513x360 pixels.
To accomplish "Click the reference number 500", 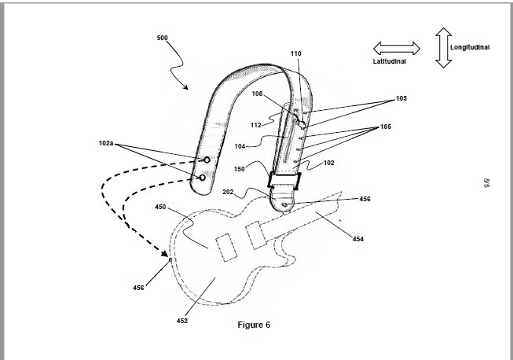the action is [x=163, y=38].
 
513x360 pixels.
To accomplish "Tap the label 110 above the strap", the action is [x=295, y=53].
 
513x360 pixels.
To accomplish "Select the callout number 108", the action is [x=257, y=94].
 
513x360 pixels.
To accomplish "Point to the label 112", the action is [x=256, y=125].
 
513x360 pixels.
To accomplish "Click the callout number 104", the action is [x=240, y=146].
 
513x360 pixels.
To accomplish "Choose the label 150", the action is [x=239, y=169].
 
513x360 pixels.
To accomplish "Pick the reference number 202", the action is [x=228, y=192].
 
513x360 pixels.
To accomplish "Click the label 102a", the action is [x=106, y=143].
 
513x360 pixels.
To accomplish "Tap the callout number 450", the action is [x=160, y=207].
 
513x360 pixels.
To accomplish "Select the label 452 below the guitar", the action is [x=182, y=321].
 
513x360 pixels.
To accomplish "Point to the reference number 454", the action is [x=358, y=239].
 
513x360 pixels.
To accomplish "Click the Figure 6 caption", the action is [x=254, y=325].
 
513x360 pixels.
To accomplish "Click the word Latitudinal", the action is [x=390, y=61].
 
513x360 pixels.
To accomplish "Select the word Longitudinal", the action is [x=470, y=47].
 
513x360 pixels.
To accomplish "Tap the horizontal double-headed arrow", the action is [x=397, y=49].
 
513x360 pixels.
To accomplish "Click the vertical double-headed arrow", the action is [x=443, y=47].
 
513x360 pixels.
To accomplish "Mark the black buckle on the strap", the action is [x=284, y=181].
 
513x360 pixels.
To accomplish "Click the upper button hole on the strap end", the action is [x=207, y=160].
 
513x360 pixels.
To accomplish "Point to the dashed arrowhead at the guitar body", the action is [x=165, y=252].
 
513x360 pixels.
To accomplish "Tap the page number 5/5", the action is [x=486, y=183].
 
